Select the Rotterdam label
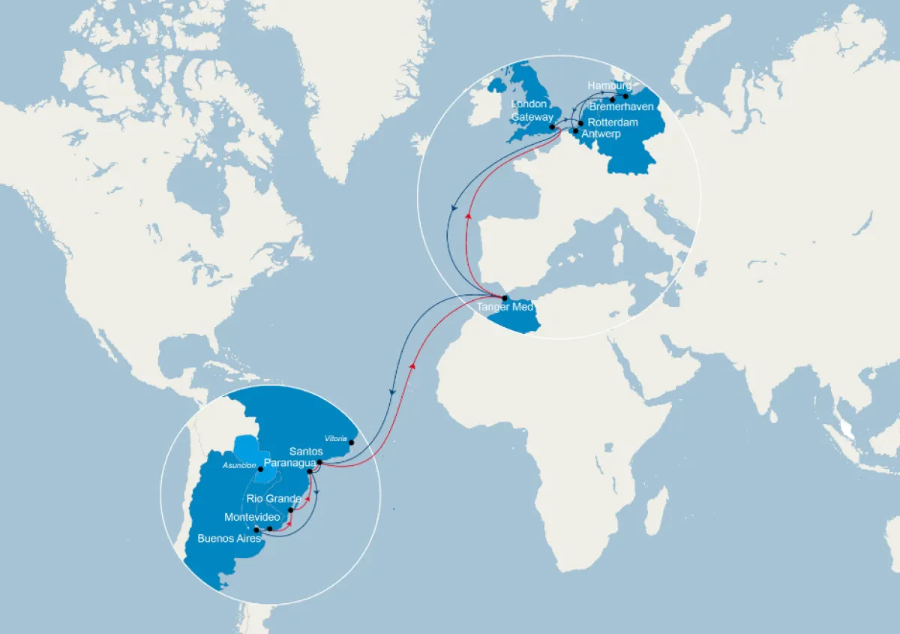click(612, 122)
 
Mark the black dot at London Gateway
click(552, 128)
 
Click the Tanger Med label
click(504, 308)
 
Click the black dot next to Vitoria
click(352, 443)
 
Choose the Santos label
click(306, 452)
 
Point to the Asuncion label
click(240, 466)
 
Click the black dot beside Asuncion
click(260, 470)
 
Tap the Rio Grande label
click(274, 499)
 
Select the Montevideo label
click(252, 518)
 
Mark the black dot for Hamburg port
click(625, 96)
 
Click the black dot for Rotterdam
click(580, 122)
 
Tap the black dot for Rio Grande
click(291, 510)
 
